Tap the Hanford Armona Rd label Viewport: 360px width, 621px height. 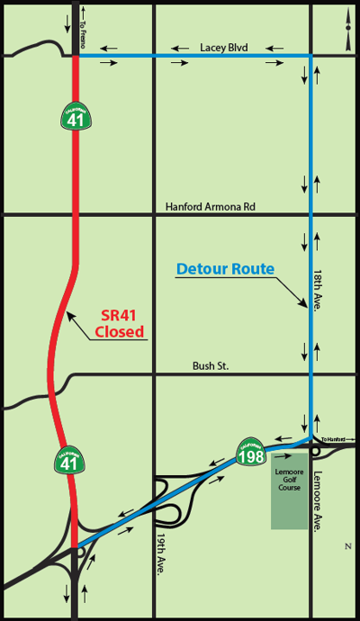coord(211,206)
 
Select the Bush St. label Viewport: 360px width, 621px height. coord(212,365)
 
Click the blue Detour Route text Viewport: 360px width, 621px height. coord(225,268)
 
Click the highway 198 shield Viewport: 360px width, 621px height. coord(251,449)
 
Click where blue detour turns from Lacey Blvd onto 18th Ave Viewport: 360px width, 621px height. coord(311,56)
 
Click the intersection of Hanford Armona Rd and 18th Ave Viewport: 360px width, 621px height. coord(311,214)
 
